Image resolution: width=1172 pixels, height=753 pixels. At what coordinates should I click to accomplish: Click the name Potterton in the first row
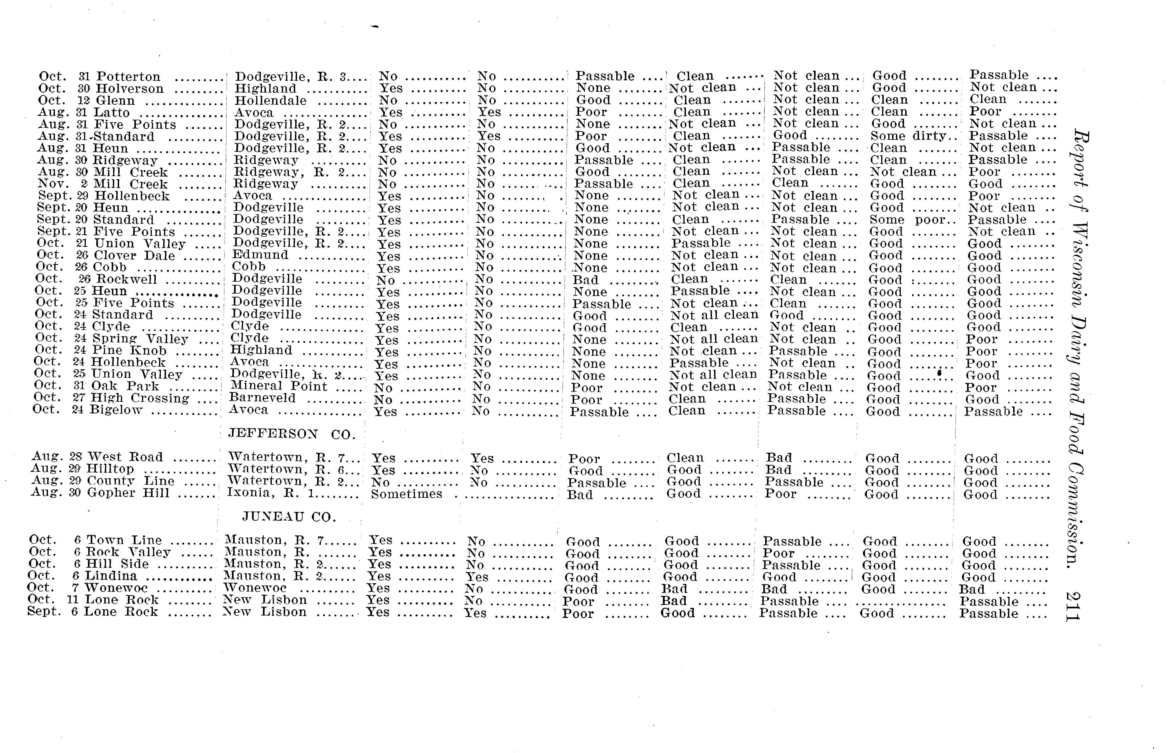(128, 77)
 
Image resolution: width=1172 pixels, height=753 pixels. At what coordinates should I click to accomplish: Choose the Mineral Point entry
(278, 386)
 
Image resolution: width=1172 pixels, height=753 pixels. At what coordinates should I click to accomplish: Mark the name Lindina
(111, 576)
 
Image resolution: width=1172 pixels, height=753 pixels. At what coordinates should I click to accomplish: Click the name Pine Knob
(129, 351)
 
